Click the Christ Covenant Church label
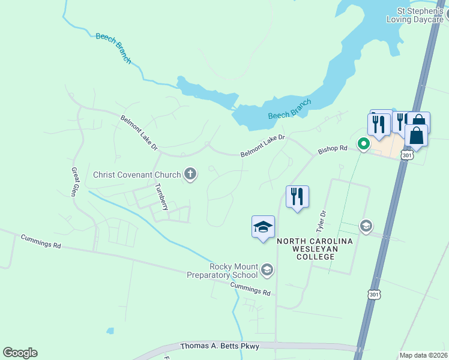coord(137,175)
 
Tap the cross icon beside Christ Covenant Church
coord(190,175)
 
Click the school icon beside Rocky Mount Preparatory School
coord(267,271)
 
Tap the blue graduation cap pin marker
coord(263,227)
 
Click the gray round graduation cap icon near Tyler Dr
coord(365,226)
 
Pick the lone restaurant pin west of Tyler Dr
coord(297,197)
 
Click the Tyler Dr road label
coord(321,221)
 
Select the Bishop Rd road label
coord(333,148)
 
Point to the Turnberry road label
coord(160,197)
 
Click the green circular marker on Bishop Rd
coord(363,144)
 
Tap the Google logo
coord(20,352)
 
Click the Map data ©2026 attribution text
coord(423,355)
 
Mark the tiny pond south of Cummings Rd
coord(110,331)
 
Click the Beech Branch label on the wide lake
coord(289,109)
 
